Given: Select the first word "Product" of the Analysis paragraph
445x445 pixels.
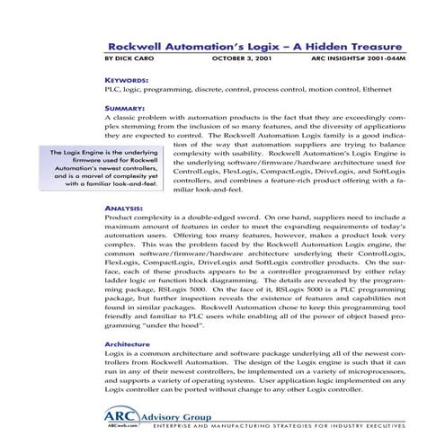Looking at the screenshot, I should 119,218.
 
